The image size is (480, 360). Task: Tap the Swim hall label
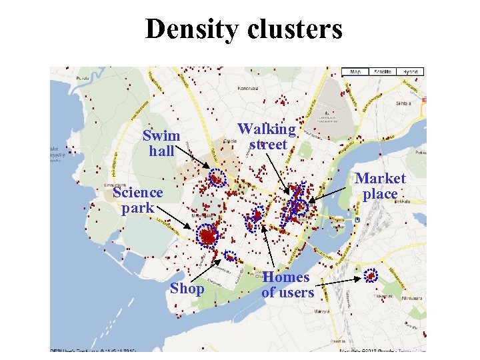[x=161, y=143]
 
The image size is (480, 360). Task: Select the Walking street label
[x=267, y=137]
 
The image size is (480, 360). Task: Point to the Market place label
[x=380, y=186]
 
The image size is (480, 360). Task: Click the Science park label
[x=138, y=200]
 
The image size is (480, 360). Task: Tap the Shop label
[x=187, y=289]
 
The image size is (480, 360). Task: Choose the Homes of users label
[x=287, y=285]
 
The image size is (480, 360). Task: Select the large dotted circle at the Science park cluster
[x=208, y=235]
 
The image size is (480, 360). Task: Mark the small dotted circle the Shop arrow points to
[x=230, y=256]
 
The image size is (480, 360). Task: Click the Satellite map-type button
[x=381, y=72]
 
